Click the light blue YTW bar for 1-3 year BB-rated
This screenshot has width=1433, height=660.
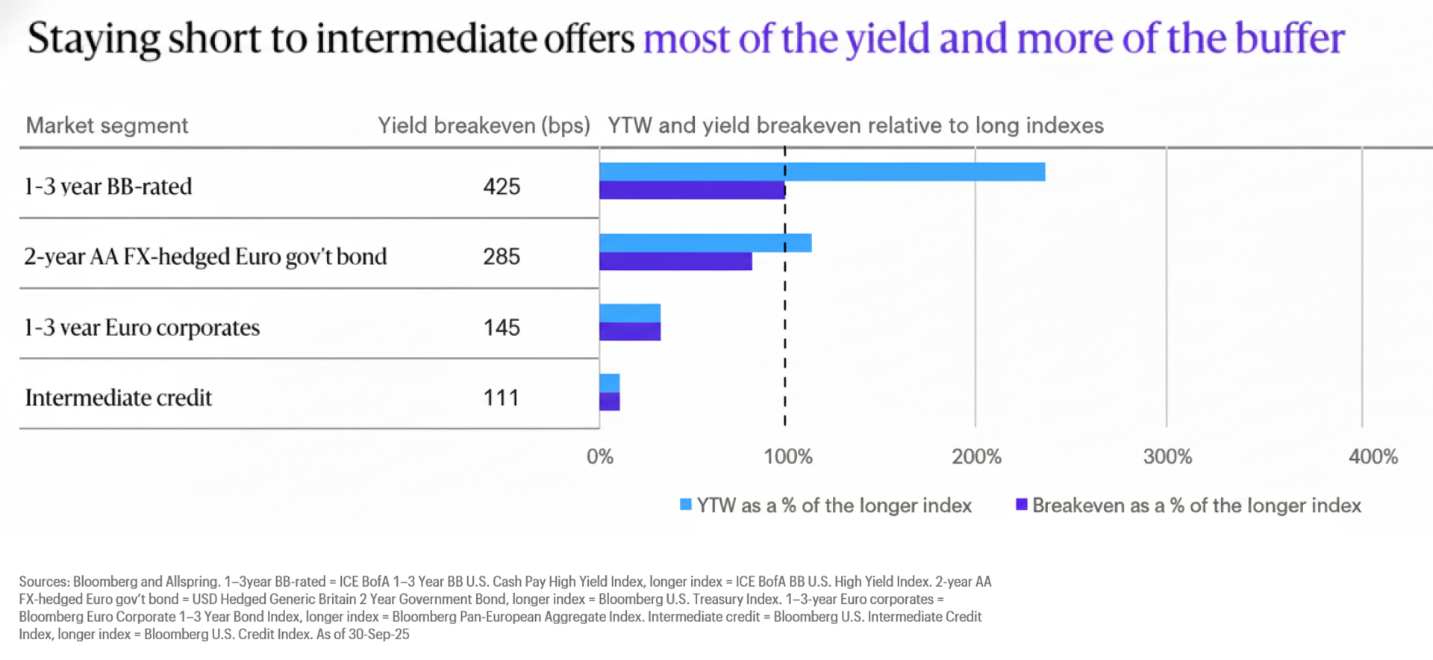(x=821, y=172)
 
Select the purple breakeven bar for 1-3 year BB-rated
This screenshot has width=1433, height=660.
(x=692, y=190)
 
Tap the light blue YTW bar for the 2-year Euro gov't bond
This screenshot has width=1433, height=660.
(x=705, y=243)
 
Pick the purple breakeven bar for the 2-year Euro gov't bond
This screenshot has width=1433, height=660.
(x=675, y=261)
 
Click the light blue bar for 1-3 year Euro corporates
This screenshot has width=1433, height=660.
(x=630, y=313)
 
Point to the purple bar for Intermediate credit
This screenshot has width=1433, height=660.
(x=610, y=402)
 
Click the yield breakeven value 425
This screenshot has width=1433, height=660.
(x=502, y=187)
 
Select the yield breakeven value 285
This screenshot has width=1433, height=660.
(x=502, y=257)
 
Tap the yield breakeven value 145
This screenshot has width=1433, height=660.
(x=502, y=328)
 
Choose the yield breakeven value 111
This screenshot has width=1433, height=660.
(x=502, y=398)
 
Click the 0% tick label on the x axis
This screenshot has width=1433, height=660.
(x=600, y=457)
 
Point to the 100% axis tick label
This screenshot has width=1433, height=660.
(x=788, y=457)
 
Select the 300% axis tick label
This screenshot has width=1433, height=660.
(x=1167, y=457)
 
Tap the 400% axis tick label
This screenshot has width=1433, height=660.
(x=1373, y=457)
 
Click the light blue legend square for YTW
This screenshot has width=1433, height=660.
(x=686, y=505)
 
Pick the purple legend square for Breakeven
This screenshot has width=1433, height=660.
(x=1022, y=505)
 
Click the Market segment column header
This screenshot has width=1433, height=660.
(x=107, y=125)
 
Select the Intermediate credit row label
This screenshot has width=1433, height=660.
(x=119, y=398)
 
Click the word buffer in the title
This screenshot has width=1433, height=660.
(x=1290, y=39)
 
